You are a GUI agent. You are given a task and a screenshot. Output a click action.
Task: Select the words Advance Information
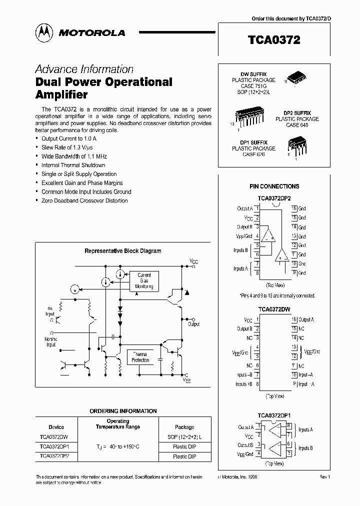click(x=84, y=69)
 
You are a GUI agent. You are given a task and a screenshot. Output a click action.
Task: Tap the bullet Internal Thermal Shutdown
click(x=73, y=165)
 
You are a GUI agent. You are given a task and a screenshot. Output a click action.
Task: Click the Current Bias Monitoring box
click(x=144, y=281)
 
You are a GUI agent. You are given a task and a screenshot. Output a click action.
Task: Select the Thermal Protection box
click(x=140, y=357)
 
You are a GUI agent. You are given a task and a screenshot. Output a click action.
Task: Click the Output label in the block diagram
click(x=194, y=323)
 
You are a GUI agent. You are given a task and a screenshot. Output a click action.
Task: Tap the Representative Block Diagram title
click(x=122, y=251)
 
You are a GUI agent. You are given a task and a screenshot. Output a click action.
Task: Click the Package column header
click(x=184, y=427)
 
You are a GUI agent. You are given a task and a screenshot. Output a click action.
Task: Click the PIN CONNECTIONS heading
click(x=274, y=186)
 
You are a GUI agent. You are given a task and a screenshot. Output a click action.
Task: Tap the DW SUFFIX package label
click(x=253, y=74)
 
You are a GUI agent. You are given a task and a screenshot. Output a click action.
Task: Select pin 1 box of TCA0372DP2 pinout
click(x=256, y=208)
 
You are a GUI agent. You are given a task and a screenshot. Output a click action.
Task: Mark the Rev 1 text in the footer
click(x=325, y=477)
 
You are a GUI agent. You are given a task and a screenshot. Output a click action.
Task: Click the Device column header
click(x=56, y=427)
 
